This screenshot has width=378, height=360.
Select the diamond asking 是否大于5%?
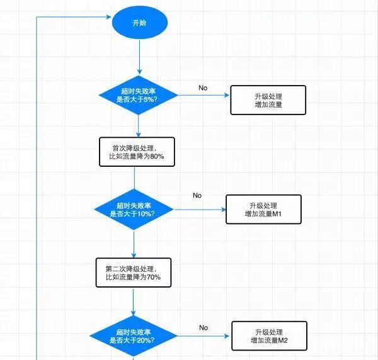click(x=139, y=95)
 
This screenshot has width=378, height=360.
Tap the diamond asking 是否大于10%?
click(x=134, y=210)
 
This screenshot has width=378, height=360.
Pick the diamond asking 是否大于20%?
click(x=134, y=335)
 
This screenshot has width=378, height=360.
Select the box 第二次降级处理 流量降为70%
click(x=134, y=273)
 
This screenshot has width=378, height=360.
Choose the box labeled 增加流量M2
click(x=269, y=337)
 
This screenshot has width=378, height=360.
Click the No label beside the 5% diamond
click(x=203, y=87)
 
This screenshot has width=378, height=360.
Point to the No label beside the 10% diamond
click(x=197, y=195)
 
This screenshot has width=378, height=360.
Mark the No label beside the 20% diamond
click(x=203, y=327)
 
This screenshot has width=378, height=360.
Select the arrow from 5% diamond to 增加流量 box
click(x=204, y=96)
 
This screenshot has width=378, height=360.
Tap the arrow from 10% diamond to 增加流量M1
click(x=199, y=210)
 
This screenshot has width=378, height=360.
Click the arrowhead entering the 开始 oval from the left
click(x=108, y=18)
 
